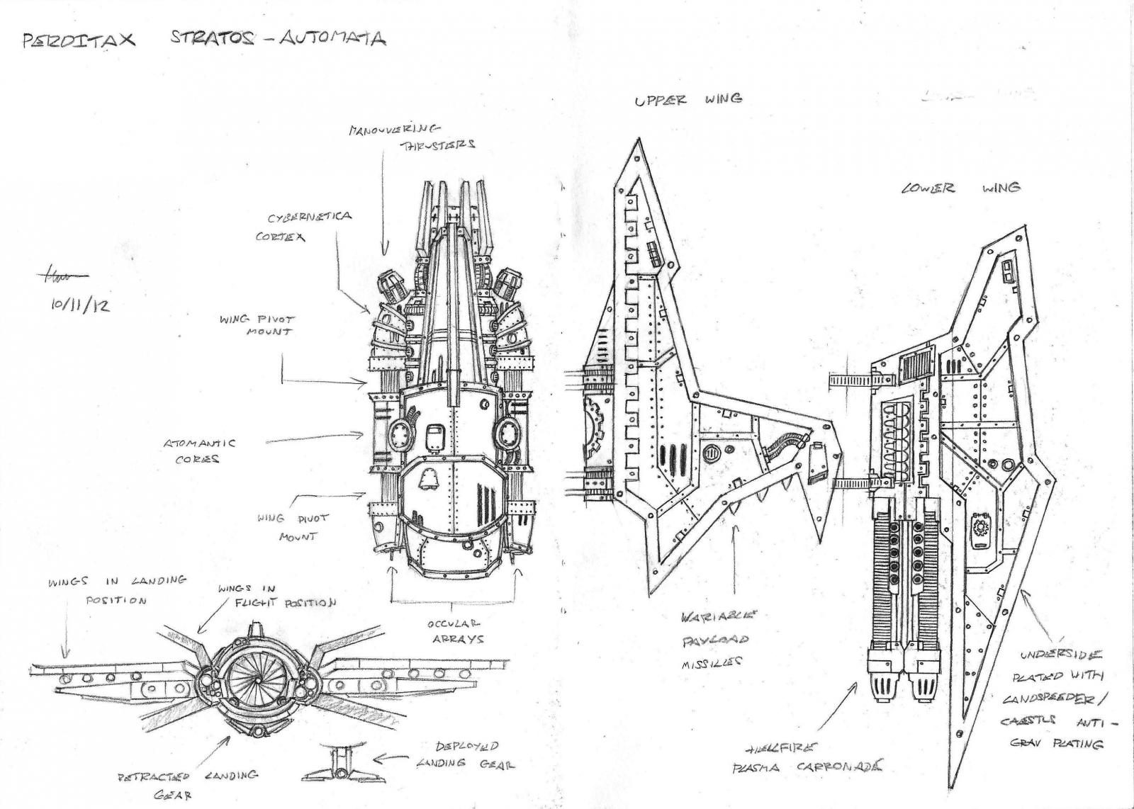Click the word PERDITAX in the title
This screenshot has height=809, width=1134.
click(79, 40)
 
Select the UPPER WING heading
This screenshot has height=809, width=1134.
click(688, 100)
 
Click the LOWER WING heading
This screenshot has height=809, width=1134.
click(960, 188)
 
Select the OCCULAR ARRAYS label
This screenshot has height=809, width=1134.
click(456, 631)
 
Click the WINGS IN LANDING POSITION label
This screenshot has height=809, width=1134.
click(117, 589)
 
